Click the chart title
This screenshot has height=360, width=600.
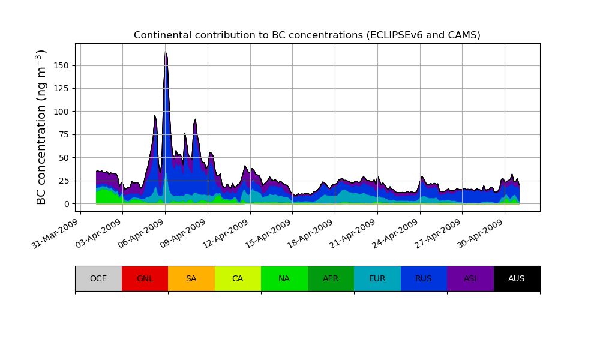[307, 35]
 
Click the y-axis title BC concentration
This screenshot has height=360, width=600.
[41, 127]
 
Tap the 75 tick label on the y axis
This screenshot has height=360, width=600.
[67, 134]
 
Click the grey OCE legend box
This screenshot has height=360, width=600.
[98, 278]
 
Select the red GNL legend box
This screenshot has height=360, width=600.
[145, 278]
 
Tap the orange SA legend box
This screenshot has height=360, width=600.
[191, 278]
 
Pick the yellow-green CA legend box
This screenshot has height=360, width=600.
[238, 278]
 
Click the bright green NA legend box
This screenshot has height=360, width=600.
[284, 278]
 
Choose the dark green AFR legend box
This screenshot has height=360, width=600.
[331, 278]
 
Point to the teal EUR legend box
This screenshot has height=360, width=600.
[377, 278]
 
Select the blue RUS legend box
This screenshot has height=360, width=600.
[424, 278]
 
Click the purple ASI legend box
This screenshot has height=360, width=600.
[470, 278]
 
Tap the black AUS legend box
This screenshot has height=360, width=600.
[517, 278]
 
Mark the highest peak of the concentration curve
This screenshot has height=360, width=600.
[165, 52]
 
